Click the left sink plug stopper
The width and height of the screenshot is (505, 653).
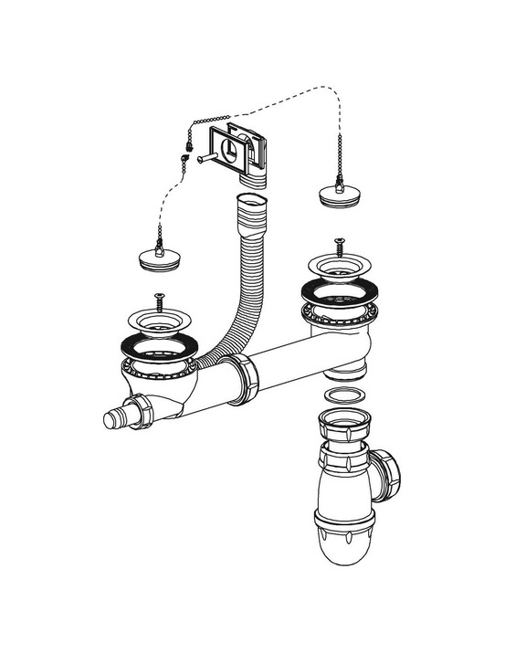pos(161,256)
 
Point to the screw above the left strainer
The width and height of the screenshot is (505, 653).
pos(160,299)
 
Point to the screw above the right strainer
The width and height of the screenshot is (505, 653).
pos(338,245)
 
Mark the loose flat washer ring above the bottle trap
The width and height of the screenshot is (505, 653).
pos(340,395)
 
